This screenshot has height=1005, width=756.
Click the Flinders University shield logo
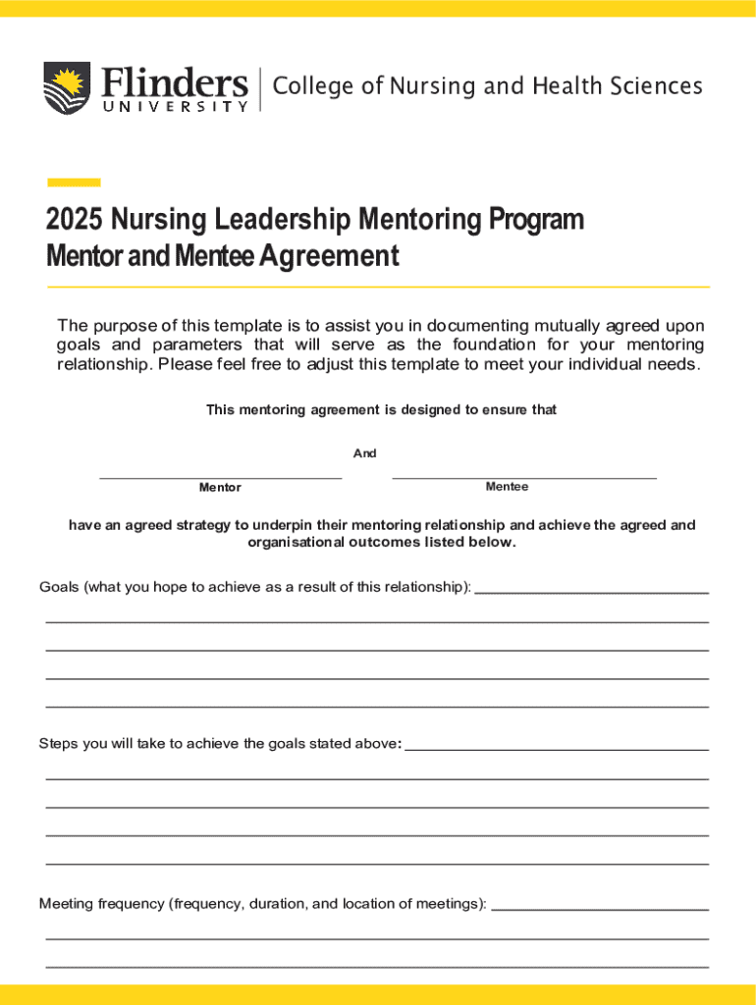point(66,86)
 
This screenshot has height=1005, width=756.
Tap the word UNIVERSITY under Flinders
point(175,106)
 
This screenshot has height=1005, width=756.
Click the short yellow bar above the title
point(74,182)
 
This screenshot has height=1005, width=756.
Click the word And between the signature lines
point(365,453)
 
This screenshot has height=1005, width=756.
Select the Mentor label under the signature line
point(220,488)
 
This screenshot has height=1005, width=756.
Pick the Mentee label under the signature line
point(507,487)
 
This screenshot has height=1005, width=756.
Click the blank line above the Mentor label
point(221,477)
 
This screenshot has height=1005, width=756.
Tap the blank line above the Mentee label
point(524,477)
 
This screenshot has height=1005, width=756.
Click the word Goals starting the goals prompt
point(59,587)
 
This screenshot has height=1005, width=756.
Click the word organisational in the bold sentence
point(289,543)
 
